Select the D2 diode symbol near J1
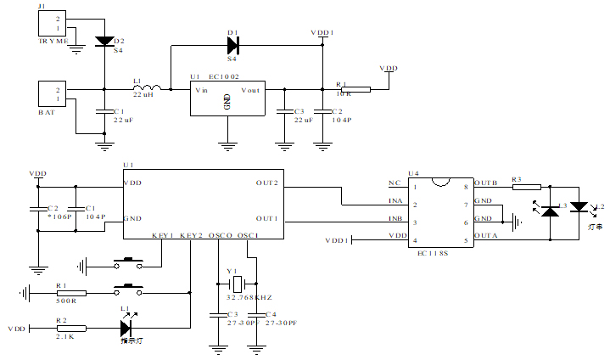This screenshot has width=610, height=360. pyautogui.click(x=104, y=40)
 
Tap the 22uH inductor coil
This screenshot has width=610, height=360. pyautogui.click(x=150, y=87)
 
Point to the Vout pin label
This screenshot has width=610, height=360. pyautogui.click(x=251, y=90)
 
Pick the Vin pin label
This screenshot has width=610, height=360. pyautogui.click(x=202, y=90)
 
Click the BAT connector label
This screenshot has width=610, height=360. pyautogui.click(x=47, y=111)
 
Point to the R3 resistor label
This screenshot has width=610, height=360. pyautogui.click(x=516, y=179)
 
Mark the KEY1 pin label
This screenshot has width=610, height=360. pyautogui.click(x=163, y=235)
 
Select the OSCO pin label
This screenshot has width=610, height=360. pyautogui.click(x=219, y=235)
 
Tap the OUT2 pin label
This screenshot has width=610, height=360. pyautogui.click(x=267, y=183)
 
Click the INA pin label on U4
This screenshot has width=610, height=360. pyautogui.click(x=395, y=201)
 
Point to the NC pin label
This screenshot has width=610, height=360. pyautogui.click(x=395, y=183)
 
